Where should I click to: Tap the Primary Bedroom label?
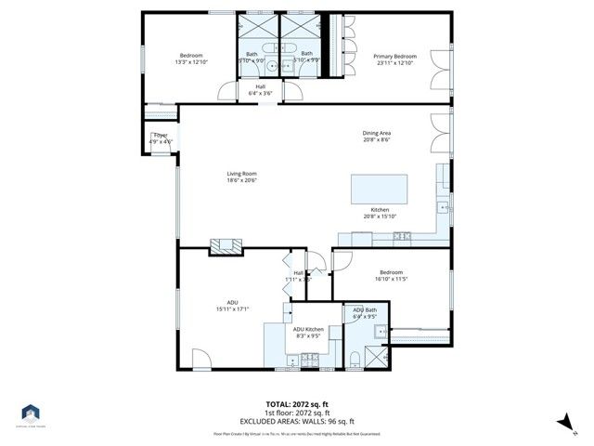tap(395, 57)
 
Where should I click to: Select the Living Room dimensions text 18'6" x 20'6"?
tap(241, 180)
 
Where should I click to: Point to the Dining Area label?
tap(377, 133)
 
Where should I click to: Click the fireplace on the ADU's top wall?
tap(225, 245)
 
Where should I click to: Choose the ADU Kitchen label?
tap(308, 330)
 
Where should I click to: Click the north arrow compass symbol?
tap(562, 422)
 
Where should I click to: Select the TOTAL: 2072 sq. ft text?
tap(297, 405)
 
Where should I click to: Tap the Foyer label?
tap(161, 136)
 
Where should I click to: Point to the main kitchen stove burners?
tap(402, 236)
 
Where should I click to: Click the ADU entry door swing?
tap(201, 358)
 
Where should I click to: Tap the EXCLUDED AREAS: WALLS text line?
tap(297, 421)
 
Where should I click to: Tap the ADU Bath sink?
tap(379, 331)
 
